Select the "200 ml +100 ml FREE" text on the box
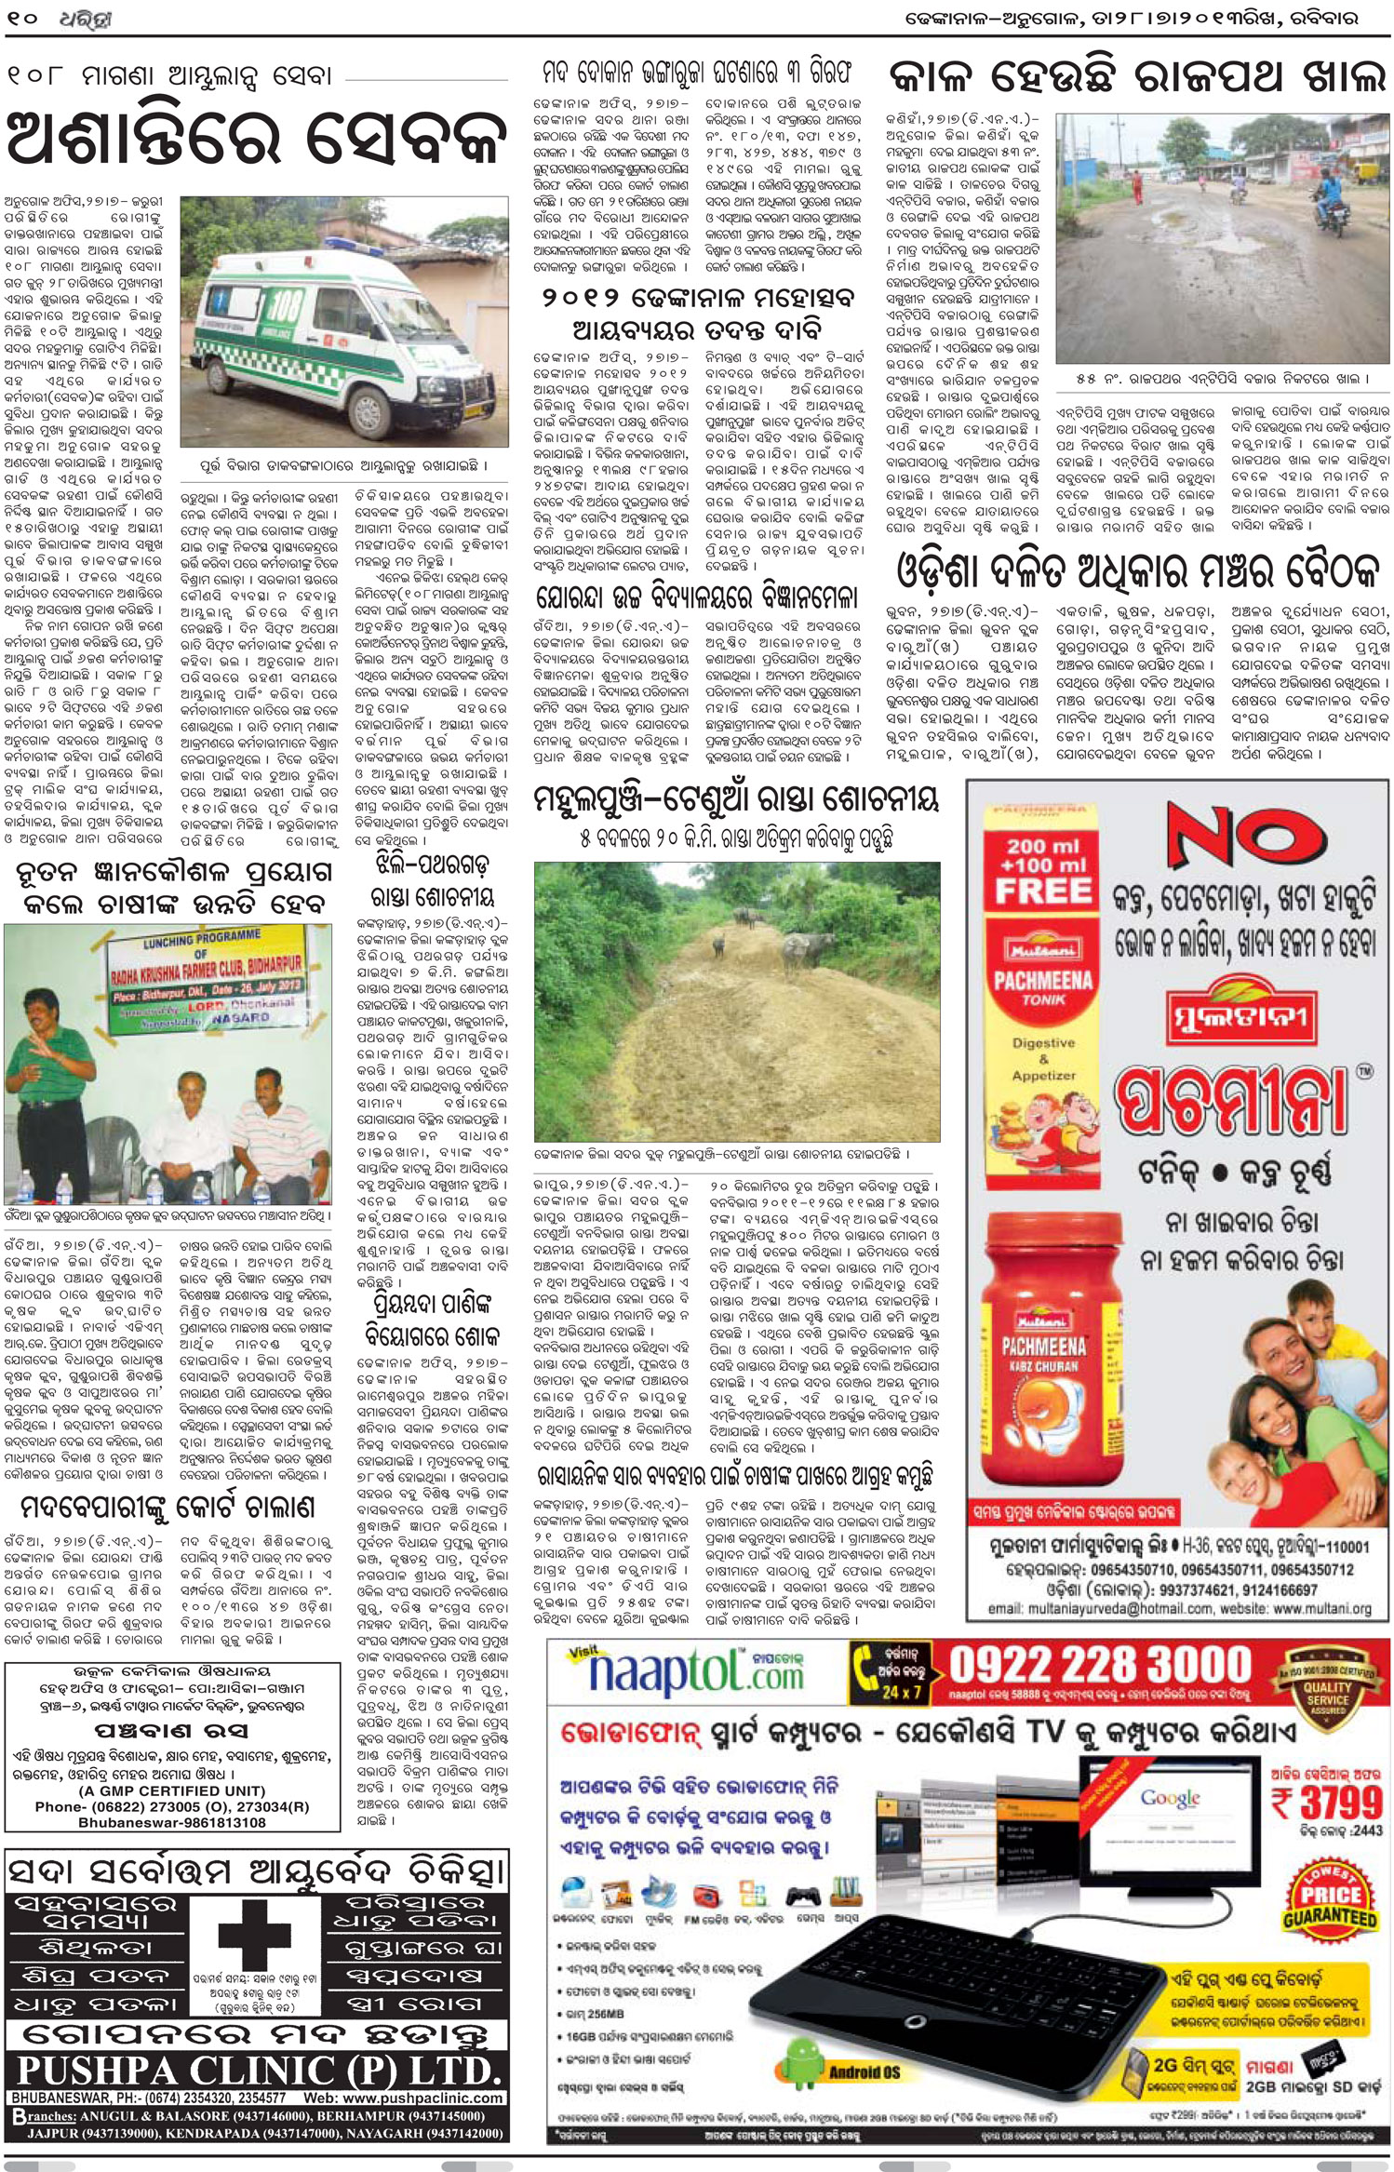tap(1043, 870)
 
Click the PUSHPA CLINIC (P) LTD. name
tap(257, 2071)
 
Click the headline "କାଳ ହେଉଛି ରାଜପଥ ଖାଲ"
tap(1136, 76)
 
